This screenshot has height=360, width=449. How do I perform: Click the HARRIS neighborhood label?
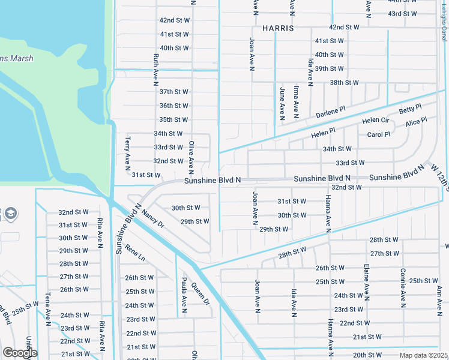[x=278, y=28]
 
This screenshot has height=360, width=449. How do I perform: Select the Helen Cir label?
[x=376, y=121]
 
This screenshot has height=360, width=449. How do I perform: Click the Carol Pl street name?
[x=379, y=135]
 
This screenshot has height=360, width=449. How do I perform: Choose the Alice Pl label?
[x=416, y=122]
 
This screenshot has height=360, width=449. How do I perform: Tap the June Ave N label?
[x=282, y=100]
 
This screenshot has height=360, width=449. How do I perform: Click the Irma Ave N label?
[x=297, y=100]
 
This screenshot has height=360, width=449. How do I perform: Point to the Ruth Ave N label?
[x=156, y=67]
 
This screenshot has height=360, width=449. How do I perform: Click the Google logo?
[x=19, y=353]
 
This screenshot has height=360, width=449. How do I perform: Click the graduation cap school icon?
[x=10, y=214]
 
